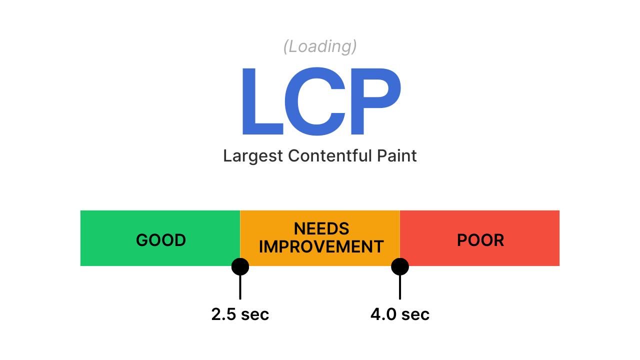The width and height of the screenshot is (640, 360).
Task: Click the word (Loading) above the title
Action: pos(320,46)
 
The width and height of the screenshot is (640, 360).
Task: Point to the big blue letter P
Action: pos(375,101)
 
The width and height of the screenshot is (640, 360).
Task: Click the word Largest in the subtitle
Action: pos(253,156)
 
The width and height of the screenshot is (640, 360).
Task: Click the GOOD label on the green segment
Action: pos(161,240)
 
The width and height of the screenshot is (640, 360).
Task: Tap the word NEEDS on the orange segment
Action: pos(321,228)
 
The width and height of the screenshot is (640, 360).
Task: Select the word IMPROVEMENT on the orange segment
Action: pos(321,246)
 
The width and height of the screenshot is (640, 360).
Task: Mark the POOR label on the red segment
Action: pos(480,240)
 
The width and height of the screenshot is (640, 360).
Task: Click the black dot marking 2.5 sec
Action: pos(240,266)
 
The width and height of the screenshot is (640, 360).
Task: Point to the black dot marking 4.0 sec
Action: pos(400,266)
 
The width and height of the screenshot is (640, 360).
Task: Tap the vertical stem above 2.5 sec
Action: pos(240,287)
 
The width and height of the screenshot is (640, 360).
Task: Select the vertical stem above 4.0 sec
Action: pos(400,287)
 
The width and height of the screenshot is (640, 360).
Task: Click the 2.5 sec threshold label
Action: pos(240,314)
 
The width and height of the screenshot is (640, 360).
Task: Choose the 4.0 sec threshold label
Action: pos(400,314)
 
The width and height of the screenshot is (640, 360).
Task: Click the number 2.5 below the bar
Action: pos(223,314)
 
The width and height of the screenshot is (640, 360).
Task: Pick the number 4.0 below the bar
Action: pos(383,314)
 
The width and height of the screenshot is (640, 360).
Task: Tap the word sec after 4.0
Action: pos(415,315)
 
